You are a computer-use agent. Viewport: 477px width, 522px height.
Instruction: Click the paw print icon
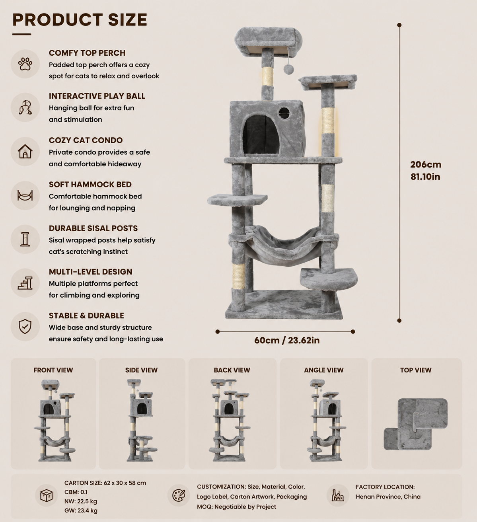tap(25, 64)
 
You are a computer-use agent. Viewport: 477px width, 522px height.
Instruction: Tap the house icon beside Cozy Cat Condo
tap(25, 151)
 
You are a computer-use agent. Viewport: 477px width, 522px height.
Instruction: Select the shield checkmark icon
tap(25, 326)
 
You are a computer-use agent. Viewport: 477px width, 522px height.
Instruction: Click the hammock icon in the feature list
tap(25, 195)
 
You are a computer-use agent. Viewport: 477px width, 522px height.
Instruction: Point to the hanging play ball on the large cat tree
tap(288, 69)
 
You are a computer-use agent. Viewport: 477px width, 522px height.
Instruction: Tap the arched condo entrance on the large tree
tap(261, 135)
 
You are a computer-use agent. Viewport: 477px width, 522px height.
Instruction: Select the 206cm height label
tap(425, 164)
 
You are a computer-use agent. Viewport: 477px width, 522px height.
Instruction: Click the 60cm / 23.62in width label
tap(287, 340)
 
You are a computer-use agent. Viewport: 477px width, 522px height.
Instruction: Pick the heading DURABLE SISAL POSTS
tap(93, 228)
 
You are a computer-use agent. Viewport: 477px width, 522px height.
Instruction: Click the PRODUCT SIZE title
tap(80, 19)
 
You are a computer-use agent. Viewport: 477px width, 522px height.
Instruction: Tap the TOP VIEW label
tap(416, 370)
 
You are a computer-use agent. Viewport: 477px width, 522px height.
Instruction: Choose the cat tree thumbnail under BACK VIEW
tap(229, 420)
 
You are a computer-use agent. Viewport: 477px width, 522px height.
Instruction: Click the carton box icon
tap(47, 495)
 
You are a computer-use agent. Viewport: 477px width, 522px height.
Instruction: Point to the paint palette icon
tap(179, 495)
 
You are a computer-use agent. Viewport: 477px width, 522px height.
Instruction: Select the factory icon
tap(338, 495)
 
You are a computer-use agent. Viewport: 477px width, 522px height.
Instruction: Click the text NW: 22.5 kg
tap(81, 501)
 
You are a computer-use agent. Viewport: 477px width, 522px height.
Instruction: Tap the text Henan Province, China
tap(388, 497)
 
